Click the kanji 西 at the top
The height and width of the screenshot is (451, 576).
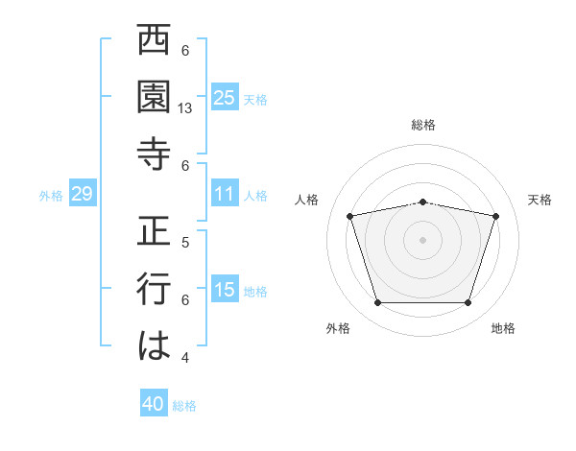155,42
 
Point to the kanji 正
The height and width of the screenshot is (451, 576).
155,232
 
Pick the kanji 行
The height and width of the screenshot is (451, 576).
155,289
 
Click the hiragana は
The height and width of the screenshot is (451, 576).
155,344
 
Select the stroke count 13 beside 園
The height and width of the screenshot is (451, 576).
186,109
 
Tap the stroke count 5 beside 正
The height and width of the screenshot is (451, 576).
185,242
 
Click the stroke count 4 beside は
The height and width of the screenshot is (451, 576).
185,357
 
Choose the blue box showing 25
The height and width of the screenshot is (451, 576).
224,98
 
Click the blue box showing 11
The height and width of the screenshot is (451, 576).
224,194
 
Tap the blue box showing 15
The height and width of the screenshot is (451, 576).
224,290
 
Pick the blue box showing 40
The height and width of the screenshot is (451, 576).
154,404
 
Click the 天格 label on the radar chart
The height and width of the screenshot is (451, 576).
540,200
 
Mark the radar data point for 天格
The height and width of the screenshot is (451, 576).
495,217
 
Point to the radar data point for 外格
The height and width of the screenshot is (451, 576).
377,303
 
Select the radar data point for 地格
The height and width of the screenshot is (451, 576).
468,303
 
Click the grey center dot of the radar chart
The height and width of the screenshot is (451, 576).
422,240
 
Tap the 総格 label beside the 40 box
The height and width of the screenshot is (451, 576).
184,406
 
